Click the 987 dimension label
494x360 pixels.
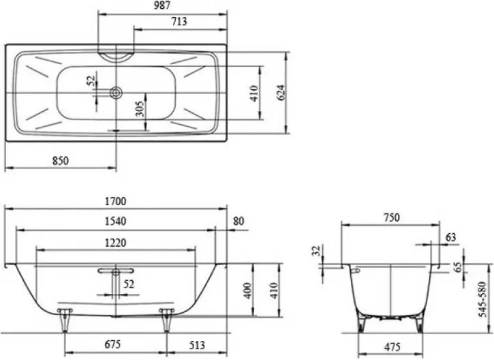point(162,5)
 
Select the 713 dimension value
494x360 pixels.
point(179,21)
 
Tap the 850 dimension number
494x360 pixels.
point(60,161)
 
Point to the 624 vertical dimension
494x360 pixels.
point(281,93)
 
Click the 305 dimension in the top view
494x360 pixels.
point(140,109)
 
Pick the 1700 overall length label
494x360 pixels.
point(115,201)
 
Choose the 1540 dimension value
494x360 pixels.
point(115,221)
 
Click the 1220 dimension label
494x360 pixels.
point(115,243)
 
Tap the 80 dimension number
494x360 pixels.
point(238,221)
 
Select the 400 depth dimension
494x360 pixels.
point(248,290)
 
